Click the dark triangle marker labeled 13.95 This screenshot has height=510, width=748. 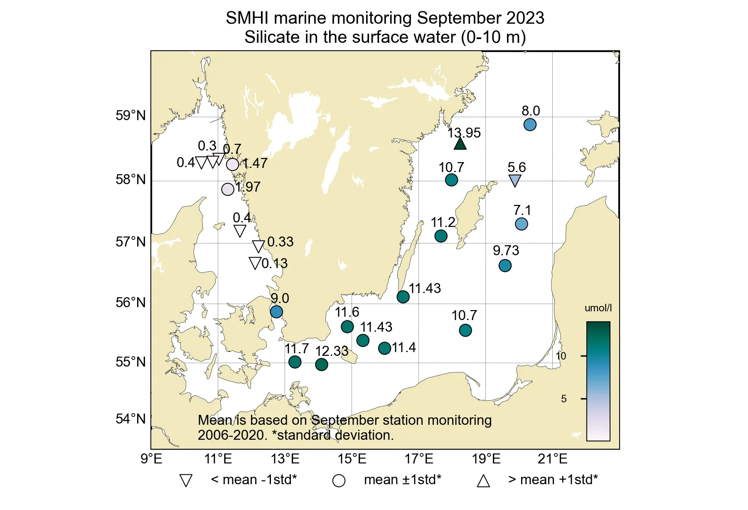click(460, 144)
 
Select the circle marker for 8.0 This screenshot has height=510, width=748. click(530, 125)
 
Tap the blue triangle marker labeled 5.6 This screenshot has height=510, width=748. click(515, 180)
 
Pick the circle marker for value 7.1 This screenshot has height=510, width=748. click(522, 224)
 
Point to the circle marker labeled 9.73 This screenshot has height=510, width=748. click(505, 266)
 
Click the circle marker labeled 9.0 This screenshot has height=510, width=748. click(276, 312)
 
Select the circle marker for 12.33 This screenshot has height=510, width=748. click(322, 365)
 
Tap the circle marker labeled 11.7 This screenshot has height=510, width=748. click(295, 362)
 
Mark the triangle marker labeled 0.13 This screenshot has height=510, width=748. click(255, 263)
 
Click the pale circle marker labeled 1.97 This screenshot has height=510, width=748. click(228, 189)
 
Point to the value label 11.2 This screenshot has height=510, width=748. click(443, 222)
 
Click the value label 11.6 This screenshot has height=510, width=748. click(347, 312)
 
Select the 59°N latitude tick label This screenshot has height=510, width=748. click(130, 116)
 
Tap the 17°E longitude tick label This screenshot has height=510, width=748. click(419, 459)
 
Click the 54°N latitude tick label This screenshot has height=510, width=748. click(130, 419)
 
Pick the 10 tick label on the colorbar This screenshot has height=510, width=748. click(561, 356)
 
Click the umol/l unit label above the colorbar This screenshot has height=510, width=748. click(598, 308)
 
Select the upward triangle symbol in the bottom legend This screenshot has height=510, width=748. click(483, 481)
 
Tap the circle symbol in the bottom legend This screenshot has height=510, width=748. click(339, 481)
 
